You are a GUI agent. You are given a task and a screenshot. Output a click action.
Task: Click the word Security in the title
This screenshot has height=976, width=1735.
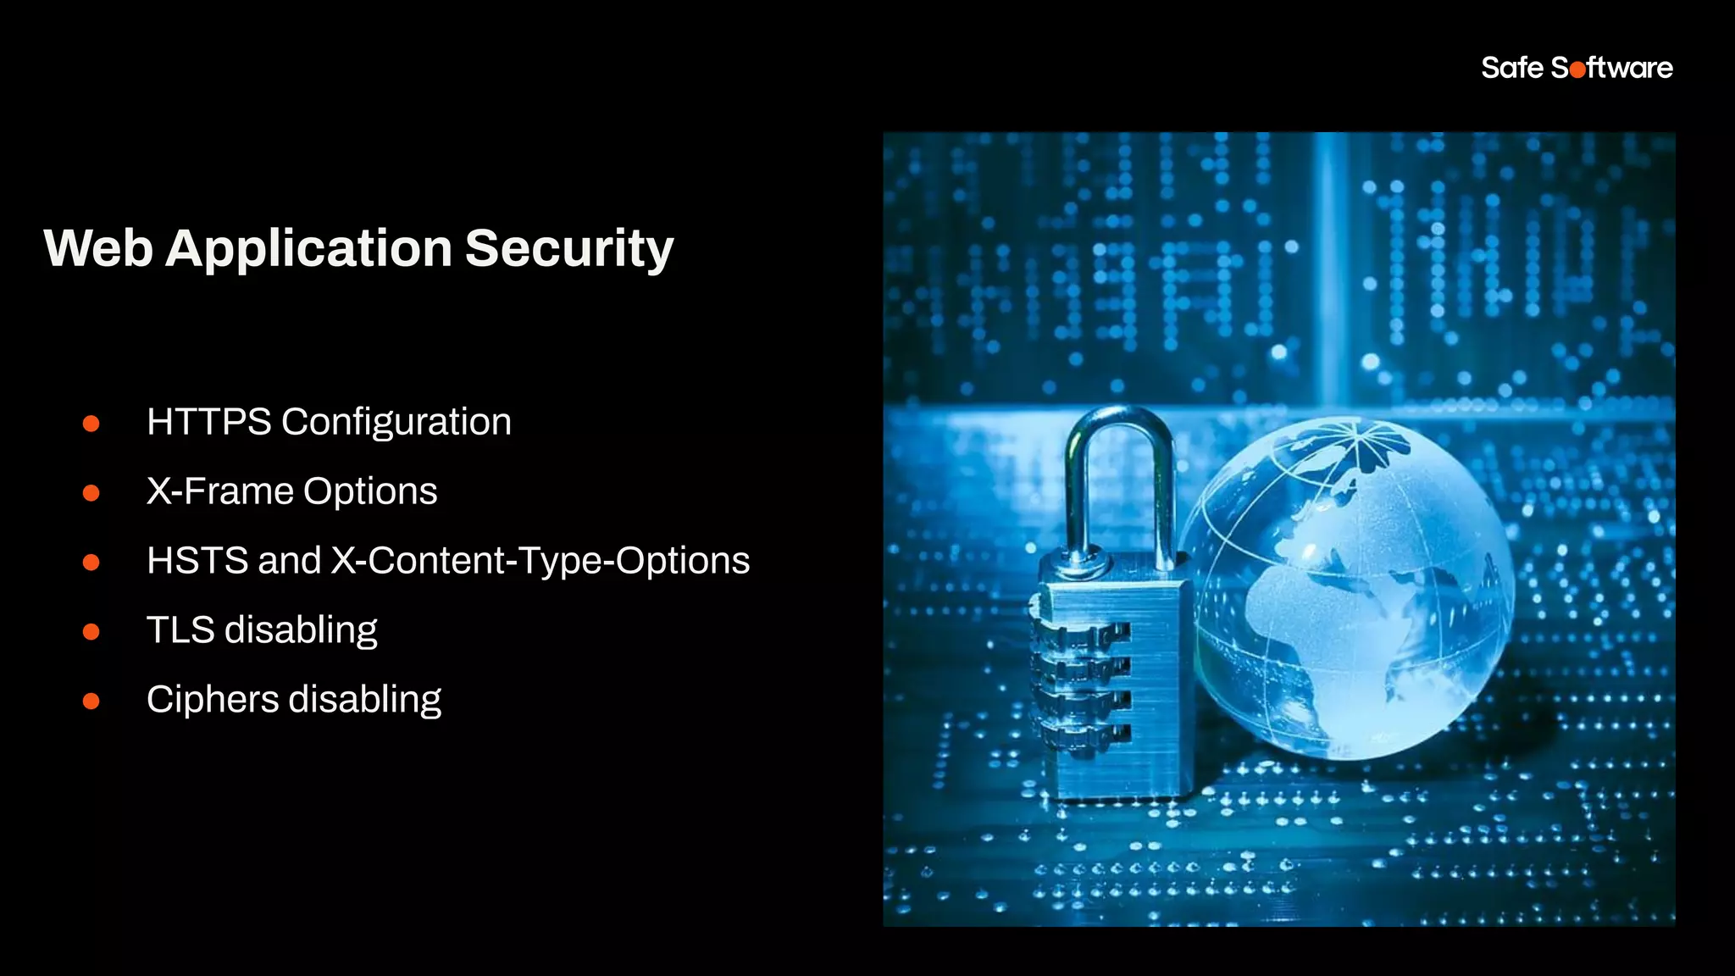(568, 249)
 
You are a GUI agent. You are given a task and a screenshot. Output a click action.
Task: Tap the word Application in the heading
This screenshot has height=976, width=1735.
(308, 249)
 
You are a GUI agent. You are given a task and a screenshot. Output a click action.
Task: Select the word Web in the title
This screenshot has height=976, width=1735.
(98, 249)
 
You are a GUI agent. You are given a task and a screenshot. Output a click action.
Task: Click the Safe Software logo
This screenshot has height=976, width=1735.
(1577, 68)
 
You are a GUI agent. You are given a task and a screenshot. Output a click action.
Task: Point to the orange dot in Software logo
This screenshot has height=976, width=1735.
(1577, 69)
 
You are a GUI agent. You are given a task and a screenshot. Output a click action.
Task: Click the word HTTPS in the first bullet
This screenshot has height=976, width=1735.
(208, 422)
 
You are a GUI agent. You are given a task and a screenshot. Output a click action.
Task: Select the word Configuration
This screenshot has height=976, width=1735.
(396, 422)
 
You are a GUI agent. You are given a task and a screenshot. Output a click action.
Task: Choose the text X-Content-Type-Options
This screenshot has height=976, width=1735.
(540, 561)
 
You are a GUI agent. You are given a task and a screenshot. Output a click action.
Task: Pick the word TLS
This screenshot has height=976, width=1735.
(180, 630)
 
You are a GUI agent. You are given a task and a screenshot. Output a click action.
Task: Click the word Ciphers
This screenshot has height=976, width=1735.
(213, 700)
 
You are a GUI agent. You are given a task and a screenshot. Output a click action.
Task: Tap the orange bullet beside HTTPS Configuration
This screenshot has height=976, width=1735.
(91, 423)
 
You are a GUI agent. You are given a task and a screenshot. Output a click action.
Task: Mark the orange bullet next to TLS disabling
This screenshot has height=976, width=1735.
(91, 631)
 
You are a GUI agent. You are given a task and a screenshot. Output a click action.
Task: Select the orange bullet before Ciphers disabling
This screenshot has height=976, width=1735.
(91, 701)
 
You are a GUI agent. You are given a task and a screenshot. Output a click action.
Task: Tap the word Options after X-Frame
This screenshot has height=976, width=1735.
(370, 491)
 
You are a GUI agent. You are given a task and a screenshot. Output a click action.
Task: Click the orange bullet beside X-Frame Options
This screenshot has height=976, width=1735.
(91, 492)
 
